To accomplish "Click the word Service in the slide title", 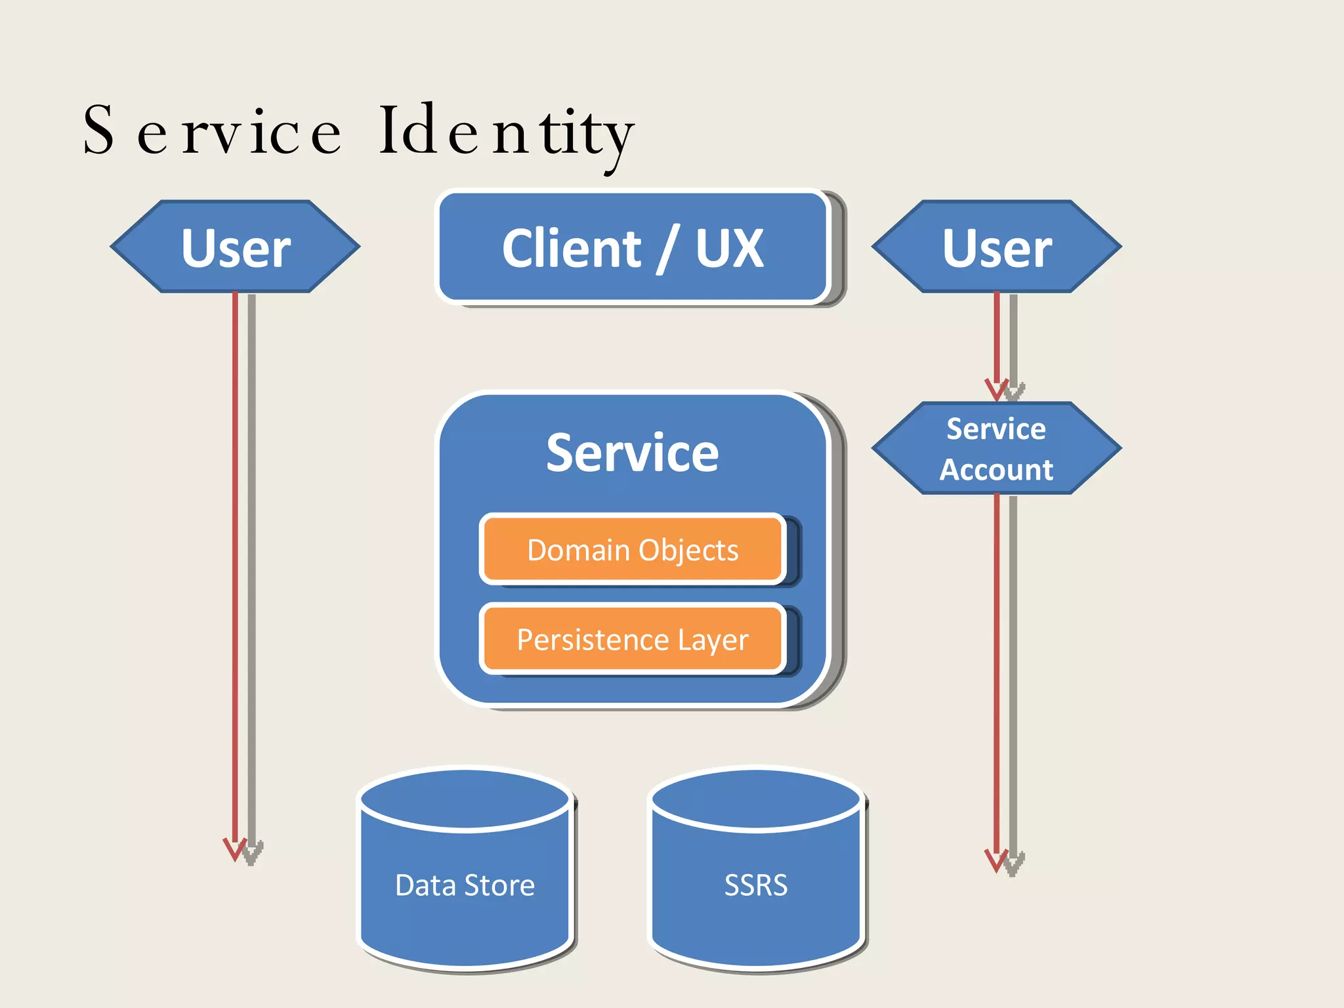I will pyautogui.click(x=211, y=131).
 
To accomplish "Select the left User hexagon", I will pyautogui.click(x=236, y=247).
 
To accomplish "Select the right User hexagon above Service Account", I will pyautogui.click(x=996, y=247).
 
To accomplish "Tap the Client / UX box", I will pyautogui.click(x=632, y=247).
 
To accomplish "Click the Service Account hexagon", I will pyautogui.click(x=996, y=449).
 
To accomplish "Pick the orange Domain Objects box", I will pyautogui.click(x=633, y=550).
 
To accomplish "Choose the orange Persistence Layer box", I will pyautogui.click(x=633, y=639).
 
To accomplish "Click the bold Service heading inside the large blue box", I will pyautogui.click(x=633, y=453).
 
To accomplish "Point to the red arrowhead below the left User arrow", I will pyautogui.click(x=234, y=849).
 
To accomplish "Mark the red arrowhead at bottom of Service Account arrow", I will pyautogui.click(x=996, y=860).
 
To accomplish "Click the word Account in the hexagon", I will pyautogui.click(x=996, y=470).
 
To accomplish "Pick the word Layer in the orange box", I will pyautogui.click(x=713, y=640).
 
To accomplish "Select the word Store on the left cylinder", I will pyautogui.click(x=499, y=885).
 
